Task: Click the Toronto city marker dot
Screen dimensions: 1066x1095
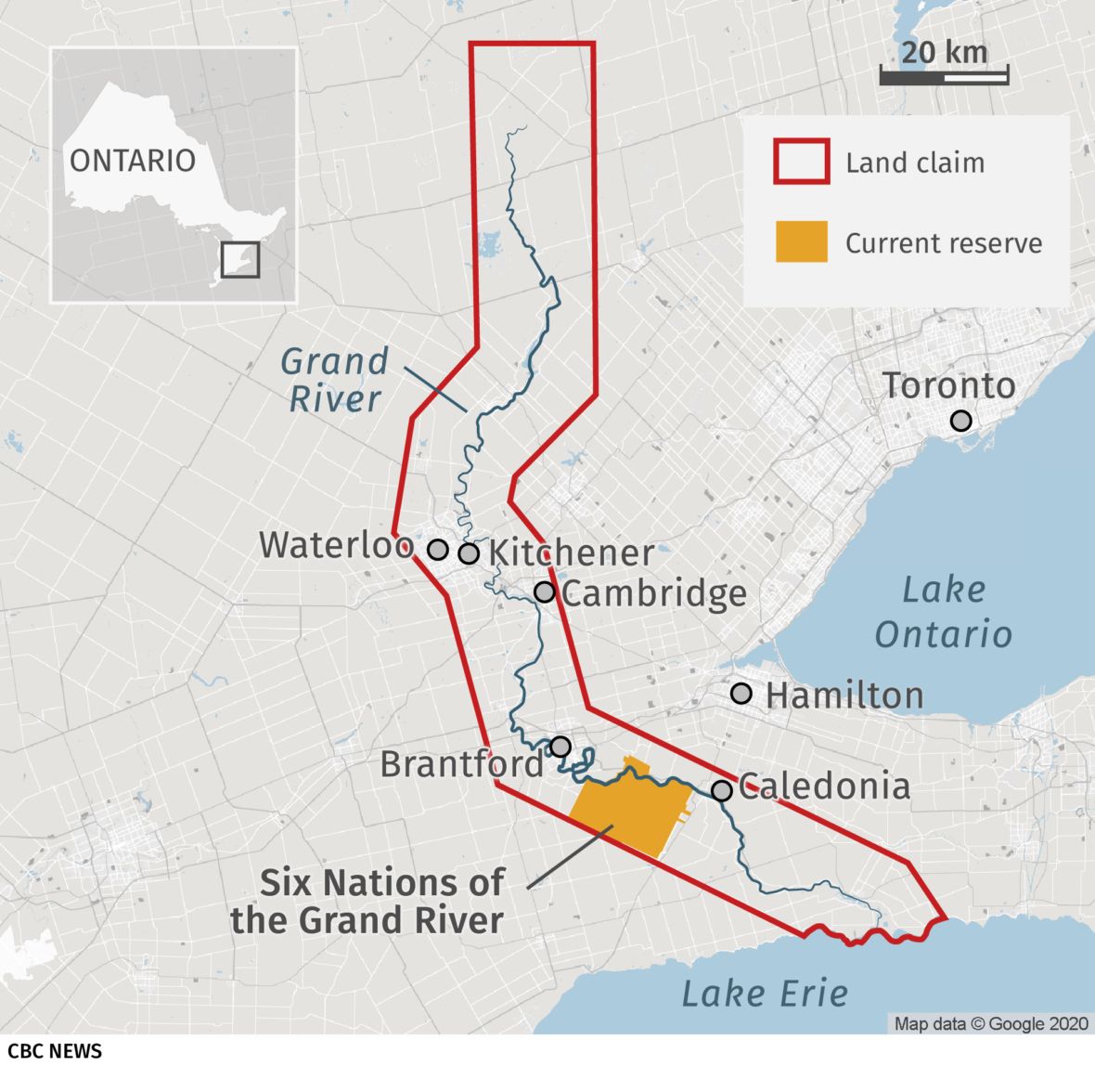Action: click(961, 421)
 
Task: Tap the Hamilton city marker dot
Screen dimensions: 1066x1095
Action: click(741, 693)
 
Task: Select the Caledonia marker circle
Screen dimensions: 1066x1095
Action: click(722, 790)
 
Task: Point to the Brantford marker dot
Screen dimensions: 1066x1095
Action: click(560, 747)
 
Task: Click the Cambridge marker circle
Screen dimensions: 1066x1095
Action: click(545, 591)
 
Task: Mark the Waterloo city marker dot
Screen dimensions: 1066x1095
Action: click(438, 550)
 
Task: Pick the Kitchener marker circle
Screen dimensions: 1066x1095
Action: click(469, 553)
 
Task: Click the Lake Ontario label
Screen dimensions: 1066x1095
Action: click(943, 612)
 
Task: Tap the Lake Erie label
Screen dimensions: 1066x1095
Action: click(765, 993)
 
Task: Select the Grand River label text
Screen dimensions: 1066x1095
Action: click(334, 380)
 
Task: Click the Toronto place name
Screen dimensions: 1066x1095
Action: click(948, 385)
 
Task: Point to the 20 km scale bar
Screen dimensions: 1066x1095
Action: click(944, 77)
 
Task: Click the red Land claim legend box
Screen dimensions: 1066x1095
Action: click(801, 162)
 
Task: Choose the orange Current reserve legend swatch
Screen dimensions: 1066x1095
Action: click(801, 241)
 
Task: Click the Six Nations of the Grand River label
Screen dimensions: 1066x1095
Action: click(368, 901)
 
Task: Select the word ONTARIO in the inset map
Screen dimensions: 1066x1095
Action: click(133, 160)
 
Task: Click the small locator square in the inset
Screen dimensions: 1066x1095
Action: click(240, 259)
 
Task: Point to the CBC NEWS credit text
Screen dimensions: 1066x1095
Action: click(52, 1050)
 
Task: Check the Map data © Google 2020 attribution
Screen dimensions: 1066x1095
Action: click(990, 1023)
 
